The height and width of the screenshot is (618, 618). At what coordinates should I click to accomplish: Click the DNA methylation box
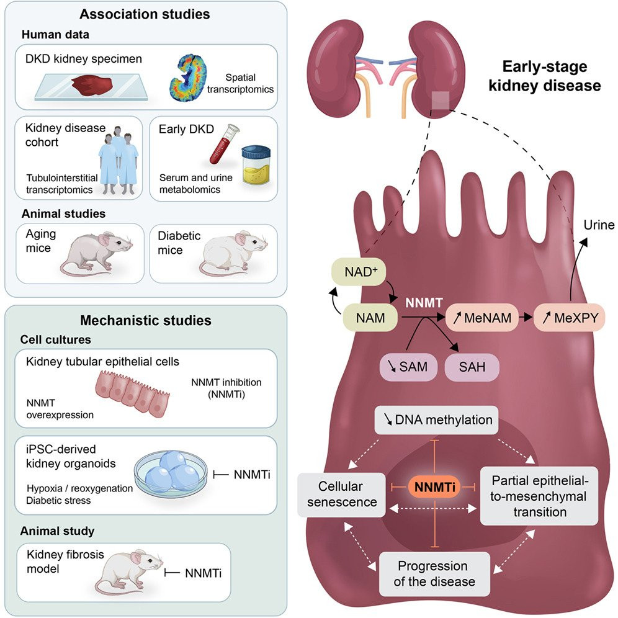(x=436, y=421)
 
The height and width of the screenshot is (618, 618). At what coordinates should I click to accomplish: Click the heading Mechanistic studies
(x=146, y=320)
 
